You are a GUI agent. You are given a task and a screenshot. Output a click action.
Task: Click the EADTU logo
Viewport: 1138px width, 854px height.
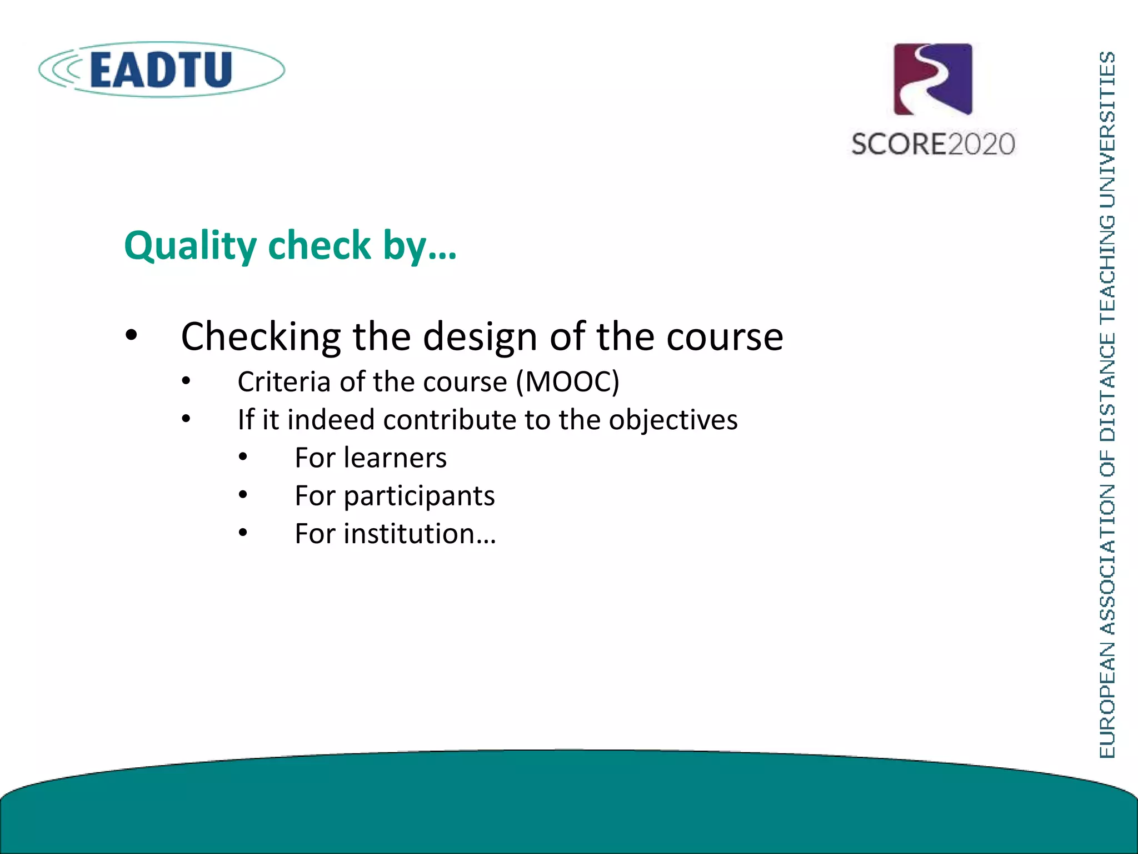[x=161, y=69]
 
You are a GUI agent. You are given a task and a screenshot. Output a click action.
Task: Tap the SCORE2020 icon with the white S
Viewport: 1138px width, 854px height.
[x=933, y=80]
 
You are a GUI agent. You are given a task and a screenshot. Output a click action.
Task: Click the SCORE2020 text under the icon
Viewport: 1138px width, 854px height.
[x=933, y=144]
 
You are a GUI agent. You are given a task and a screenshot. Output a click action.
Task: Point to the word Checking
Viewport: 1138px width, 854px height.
[x=261, y=337]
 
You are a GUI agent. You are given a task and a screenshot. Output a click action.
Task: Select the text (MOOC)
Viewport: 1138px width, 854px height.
[x=567, y=382]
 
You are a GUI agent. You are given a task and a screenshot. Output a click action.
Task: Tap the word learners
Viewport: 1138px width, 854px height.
[x=395, y=458]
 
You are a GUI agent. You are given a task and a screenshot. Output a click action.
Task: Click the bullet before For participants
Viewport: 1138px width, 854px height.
[x=243, y=495]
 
